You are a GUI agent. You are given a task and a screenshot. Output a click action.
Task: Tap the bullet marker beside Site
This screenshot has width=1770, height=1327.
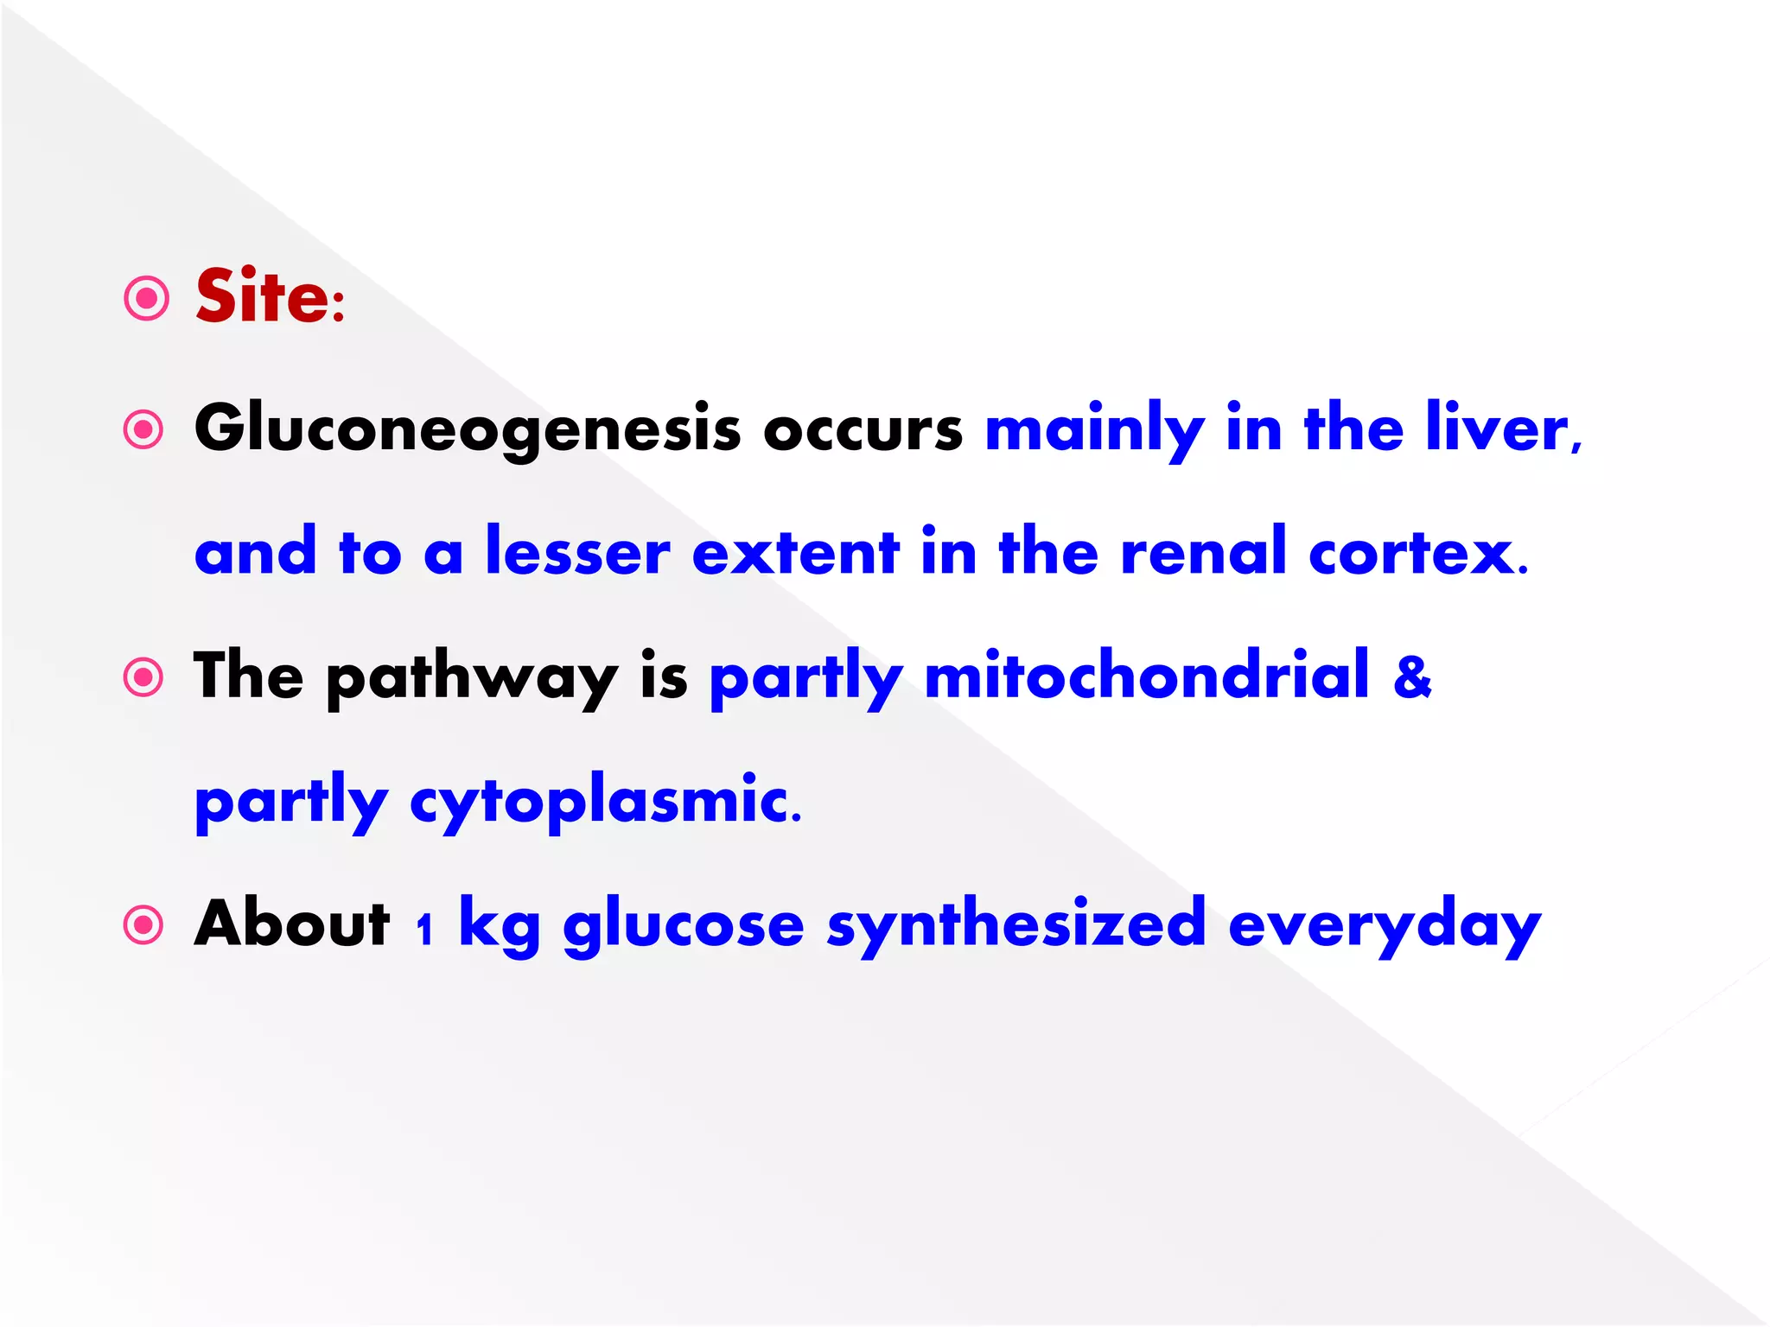coord(146,299)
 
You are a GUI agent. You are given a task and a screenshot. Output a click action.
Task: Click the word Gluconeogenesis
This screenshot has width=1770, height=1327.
coord(468,429)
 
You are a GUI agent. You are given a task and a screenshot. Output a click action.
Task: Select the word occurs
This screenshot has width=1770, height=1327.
coord(862,429)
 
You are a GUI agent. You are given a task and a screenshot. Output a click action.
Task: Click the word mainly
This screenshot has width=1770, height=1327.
coord(1094,429)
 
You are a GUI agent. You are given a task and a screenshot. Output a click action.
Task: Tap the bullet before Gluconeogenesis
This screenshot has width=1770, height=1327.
coord(143,429)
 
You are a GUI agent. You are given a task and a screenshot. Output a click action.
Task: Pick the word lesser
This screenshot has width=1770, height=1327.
coord(577,551)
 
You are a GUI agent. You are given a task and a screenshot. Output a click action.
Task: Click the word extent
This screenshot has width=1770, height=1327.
coord(795,552)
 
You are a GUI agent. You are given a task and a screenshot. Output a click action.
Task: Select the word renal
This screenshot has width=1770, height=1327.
coord(1203,551)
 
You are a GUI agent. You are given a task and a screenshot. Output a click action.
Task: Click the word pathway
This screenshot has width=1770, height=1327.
coord(472,676)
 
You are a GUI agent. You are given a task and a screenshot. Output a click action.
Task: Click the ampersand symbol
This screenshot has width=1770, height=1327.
coord(1411,676)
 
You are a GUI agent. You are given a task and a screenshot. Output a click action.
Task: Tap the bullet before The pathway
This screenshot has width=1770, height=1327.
coord(143,677)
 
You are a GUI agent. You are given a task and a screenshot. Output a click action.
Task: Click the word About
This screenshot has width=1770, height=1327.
coord(292,923)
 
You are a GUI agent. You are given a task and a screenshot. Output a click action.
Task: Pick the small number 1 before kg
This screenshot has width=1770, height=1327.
coord(423,930)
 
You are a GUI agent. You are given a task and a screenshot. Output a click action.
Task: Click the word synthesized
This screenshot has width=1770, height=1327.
coord(1016,924)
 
